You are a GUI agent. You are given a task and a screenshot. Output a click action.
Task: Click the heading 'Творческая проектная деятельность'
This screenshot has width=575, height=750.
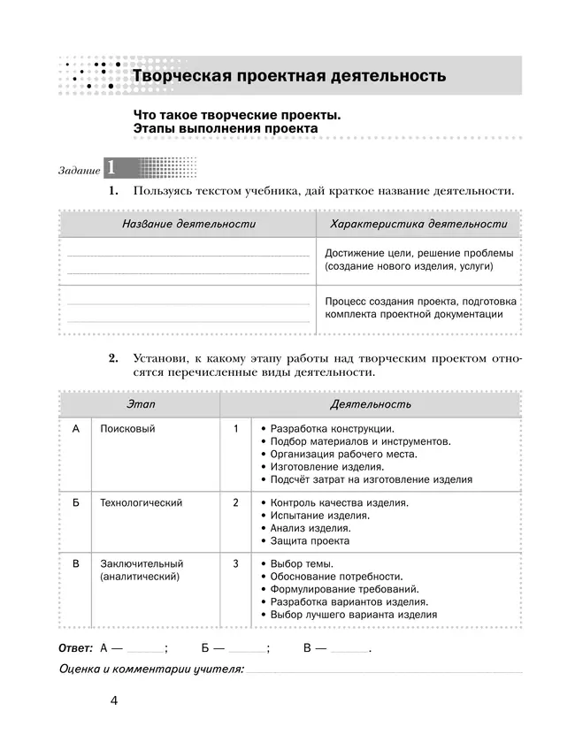click(x=288, y=76)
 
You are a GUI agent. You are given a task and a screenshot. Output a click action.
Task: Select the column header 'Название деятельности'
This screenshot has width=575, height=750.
click(x=188, y=224)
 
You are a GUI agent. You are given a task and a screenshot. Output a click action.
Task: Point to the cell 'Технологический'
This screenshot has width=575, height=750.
click(x=142, y=503)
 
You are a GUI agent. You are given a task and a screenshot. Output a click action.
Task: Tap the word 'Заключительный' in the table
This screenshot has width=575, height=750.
click(x=142, y=563)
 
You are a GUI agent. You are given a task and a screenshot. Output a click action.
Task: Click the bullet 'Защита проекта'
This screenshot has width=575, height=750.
click(x=310, y=540)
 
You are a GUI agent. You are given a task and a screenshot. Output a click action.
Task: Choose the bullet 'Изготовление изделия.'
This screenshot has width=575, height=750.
click(x=326, y=466)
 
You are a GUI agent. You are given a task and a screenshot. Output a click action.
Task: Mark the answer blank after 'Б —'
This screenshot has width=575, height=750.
click(x=247, y=648)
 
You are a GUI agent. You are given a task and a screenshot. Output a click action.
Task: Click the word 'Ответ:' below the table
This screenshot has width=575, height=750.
click(x=75, y=647)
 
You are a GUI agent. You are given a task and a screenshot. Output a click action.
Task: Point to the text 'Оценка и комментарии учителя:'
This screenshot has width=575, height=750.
click(x=150, y=670)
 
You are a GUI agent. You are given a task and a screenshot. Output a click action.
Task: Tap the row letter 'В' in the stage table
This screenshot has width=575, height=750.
click(x=76, y=563)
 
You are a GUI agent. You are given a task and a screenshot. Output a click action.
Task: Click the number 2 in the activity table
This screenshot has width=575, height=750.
click(x=236, y=503)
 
